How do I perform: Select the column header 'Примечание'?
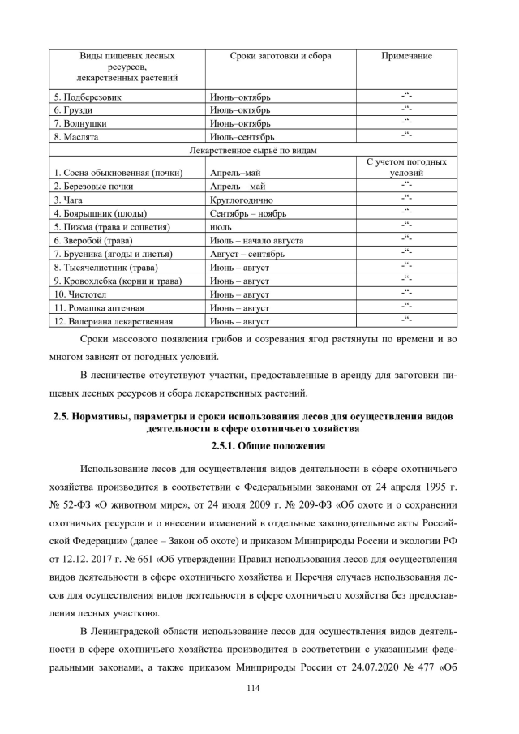click(406, 56)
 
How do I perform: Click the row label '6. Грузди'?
click(73, 109)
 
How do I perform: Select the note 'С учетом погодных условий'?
click(406, 167)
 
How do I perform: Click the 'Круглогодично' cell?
click(241, 200)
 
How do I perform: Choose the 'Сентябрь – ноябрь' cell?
click(247, 213)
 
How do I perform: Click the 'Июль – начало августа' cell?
click(256, 241)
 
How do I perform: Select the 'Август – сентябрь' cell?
click(247, 255)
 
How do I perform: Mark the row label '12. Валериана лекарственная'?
click(113, 322)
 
